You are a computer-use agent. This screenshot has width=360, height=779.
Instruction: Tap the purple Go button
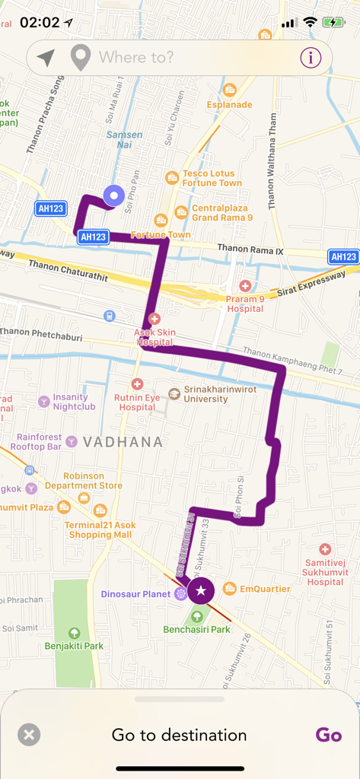pyautogui.click(x=329, y=735)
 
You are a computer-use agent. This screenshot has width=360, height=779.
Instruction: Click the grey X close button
pyautogui.click(x=29, y=735)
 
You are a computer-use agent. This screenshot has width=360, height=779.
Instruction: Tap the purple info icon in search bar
pyautogui.click(x=311, y=57)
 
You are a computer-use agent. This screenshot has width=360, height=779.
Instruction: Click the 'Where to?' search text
pyautogui.click(x=135, y=57)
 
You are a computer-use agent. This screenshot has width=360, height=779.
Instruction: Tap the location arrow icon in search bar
pyautogui.click(x=46, y=57)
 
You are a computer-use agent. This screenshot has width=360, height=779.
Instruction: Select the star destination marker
pyautogui.click(x=201, y=590)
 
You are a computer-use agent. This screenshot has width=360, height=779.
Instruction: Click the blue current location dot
pyautogui.click(x=114, y=196)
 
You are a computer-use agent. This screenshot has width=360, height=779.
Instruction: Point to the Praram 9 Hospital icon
pyautogui.click(x=245, y=286)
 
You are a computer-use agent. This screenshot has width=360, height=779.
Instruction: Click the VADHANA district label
pyautogui.click(x=123, y=442)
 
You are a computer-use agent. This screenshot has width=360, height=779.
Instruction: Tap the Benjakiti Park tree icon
pyautogui.click(x=74, y=633)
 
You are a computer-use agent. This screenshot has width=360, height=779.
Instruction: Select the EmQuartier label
pyautogui.click(x=265, y=589)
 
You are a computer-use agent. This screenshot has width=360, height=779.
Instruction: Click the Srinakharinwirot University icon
pyautogui.click(x=174, y=393)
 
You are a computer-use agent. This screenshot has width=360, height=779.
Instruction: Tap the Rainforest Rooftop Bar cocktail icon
pyautogui.click(x=72, y=441)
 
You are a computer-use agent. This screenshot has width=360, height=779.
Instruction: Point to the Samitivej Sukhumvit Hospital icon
pyautogui.click(x=325, y=549)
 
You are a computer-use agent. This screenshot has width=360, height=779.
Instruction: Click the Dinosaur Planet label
pyautogui.click(x=136, y=593)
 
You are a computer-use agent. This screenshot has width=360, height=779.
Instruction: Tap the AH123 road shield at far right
pyautogui.click(x=343, y=257)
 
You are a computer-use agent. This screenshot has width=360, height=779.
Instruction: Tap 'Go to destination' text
pyautogui.click(x=179, y=735)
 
